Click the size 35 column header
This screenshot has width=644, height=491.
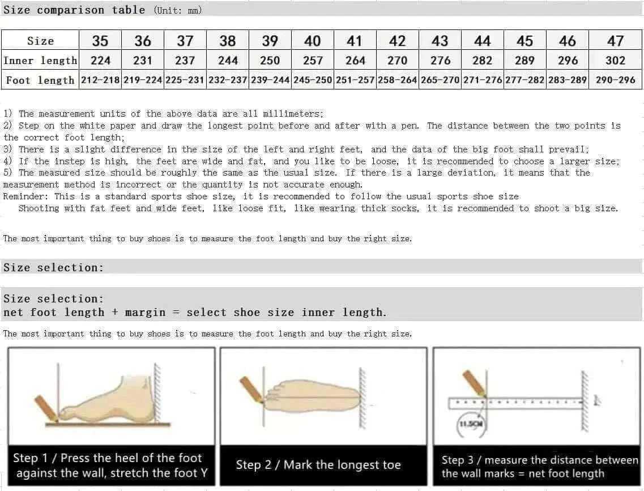click(x=100, y=41)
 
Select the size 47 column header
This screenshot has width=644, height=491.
click(x=615, y=41)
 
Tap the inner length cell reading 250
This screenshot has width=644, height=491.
click(x=270, y=61)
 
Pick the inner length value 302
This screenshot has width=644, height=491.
click(x=615, y=61)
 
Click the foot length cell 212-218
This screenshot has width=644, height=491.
click(x=100, y=80)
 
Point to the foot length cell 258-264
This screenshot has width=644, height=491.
click(x=397, y=80)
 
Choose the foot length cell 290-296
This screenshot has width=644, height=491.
click(x=615, y=80)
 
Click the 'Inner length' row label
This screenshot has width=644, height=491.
click(x=40, y=61)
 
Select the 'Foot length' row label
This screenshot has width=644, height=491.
click(x=40, y=80)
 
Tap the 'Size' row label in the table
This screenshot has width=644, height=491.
click(x=40, y=41)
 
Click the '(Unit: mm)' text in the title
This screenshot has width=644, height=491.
click(x=177, y=10)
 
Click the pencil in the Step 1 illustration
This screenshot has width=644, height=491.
click(x=46, y=408)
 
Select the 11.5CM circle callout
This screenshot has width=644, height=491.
click(x=470, y=424)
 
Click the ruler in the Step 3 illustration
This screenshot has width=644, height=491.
click(x=515, y=403)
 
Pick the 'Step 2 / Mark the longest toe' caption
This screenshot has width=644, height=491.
click(x=318, y=465)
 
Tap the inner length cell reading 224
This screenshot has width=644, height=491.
click(x=100, y=61)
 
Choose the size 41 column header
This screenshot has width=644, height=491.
click(x=355, y=41)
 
